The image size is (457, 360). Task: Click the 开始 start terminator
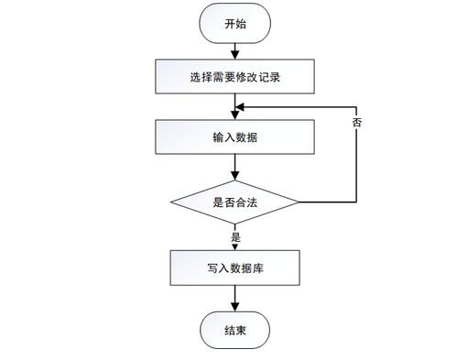point(235,25)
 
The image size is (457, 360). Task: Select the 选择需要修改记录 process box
point(235,78)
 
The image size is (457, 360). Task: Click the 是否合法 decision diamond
point(235,201)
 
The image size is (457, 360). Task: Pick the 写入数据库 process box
point(235,268)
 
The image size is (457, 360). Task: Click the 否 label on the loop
point(356,121)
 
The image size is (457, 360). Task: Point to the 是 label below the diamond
point(235,237)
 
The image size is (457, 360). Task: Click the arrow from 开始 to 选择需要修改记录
point(235,51)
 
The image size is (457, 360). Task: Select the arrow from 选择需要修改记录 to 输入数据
point(235,106)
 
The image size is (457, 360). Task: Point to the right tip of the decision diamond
point(298,201)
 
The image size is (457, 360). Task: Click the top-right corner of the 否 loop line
point(356,106)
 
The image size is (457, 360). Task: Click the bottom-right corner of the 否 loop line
point(356,201)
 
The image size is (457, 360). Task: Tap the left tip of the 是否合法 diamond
point(173,201)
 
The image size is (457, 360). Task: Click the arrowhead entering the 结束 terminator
point(235,306)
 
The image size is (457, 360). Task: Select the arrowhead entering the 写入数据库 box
point(235,245)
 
